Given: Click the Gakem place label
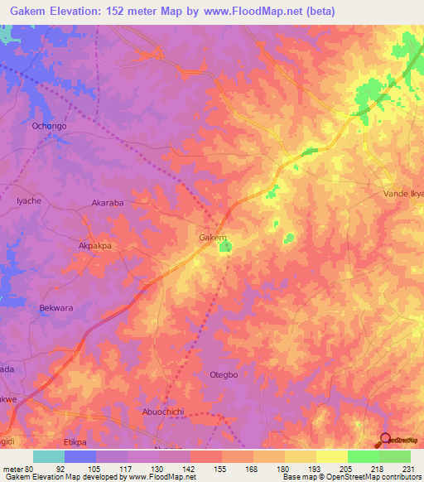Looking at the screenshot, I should pos(213,238).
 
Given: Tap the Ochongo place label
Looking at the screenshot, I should pos(48,126).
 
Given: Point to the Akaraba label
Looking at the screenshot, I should pos(108,202).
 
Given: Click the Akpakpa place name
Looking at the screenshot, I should pos(94,246).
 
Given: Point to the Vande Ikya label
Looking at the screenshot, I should pos(404,193).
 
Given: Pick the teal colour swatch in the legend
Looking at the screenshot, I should pos(49,456).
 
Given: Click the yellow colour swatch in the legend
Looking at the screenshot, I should pos(331,456).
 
